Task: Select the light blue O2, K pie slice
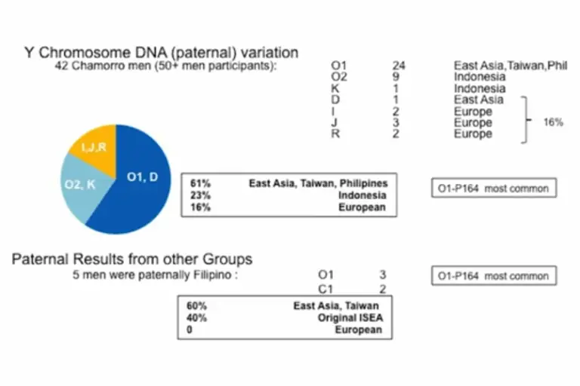tap(79, 185)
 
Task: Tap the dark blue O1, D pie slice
tap(140, 180)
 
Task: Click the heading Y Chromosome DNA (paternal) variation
tap(162, 53)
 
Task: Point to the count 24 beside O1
tap(400, 66)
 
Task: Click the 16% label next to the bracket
tap(554, 122)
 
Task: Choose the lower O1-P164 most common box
tap(494, 277)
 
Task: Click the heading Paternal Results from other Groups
tap(132, 259)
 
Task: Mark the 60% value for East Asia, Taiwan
tap(196, 306)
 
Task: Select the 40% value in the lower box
tap(196, 318)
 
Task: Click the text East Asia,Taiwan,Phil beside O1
tap(510, 66)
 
